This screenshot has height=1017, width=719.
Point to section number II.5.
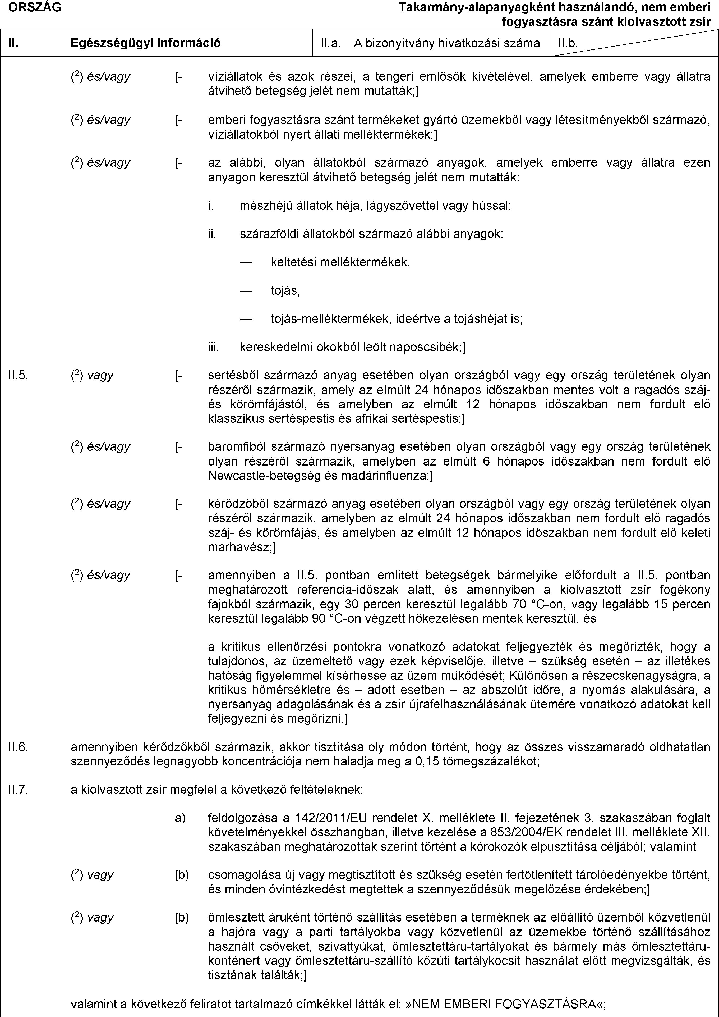[18, 376]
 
